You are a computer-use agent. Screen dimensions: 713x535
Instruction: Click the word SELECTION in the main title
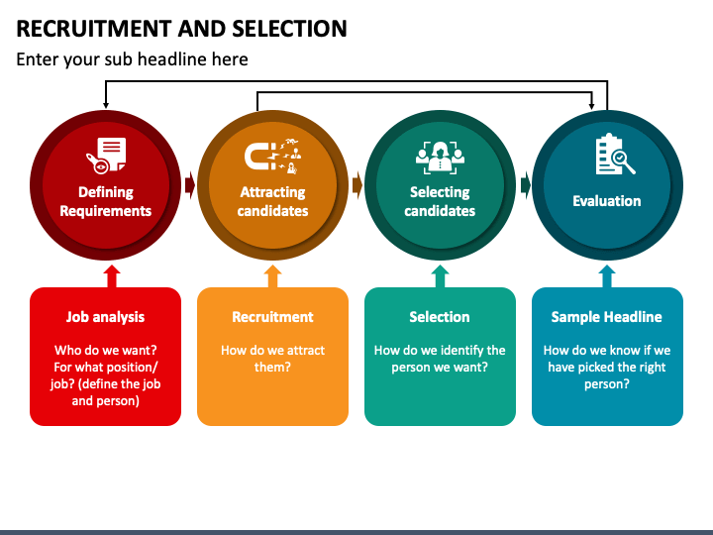289,29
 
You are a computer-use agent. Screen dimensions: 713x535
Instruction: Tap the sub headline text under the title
132,59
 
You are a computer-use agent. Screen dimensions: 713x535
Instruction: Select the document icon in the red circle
106,156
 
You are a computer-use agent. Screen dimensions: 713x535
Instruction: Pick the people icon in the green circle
440,158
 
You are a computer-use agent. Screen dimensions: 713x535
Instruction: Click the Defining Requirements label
106,201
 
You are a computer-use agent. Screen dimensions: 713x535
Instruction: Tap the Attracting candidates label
273,201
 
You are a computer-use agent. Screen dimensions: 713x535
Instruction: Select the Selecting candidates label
440,201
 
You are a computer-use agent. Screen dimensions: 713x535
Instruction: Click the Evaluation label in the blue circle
607,201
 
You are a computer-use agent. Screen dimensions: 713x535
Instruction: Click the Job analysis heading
106,317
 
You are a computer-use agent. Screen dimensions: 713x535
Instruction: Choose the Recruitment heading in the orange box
273,317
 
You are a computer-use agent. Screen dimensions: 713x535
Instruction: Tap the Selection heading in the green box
440,317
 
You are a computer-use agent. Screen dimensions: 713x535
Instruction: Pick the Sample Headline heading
607,317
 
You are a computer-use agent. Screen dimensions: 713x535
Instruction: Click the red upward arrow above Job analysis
112,276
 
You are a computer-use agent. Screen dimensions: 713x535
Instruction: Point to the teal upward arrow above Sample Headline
607,276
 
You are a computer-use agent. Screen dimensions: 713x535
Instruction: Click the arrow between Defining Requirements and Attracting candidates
189,185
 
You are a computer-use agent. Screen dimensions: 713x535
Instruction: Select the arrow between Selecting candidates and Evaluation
525,185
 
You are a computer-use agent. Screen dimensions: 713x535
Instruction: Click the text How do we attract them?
273,359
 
